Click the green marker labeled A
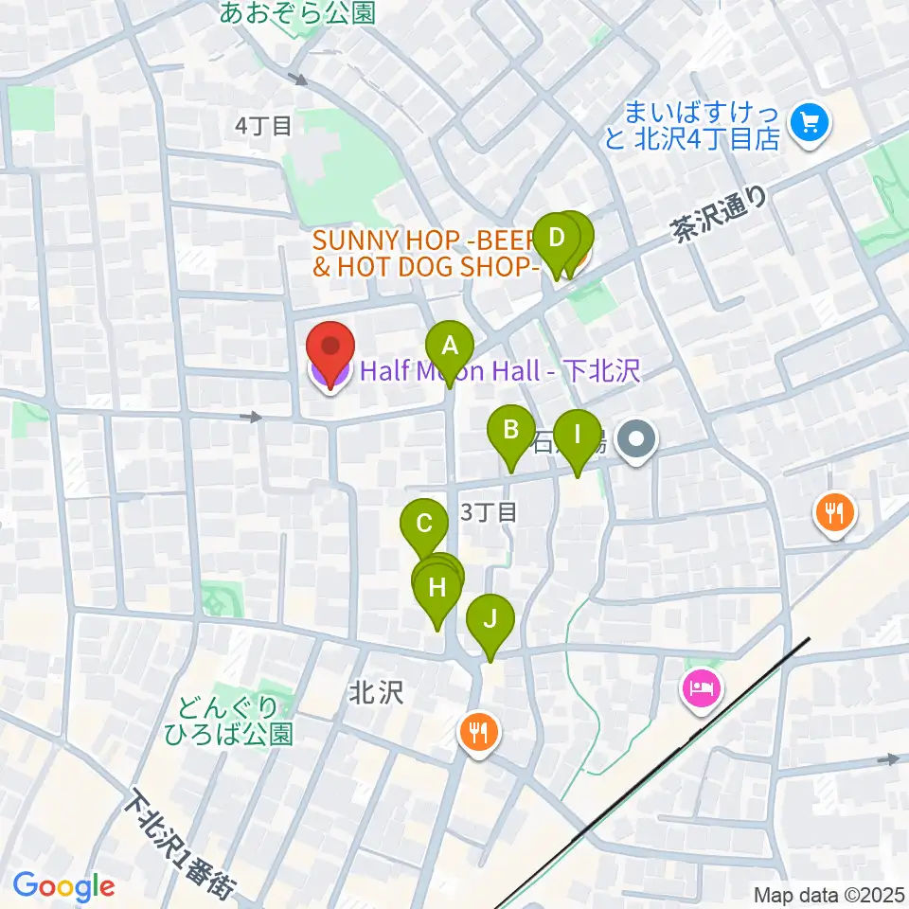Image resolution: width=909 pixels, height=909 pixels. (450, 347)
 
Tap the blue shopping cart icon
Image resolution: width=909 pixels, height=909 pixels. (809, 122)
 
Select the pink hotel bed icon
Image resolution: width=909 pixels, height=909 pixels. (700, 684)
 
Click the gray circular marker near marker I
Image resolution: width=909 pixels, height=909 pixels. (637, 440)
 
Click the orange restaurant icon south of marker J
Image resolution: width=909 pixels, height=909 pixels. (479, 731)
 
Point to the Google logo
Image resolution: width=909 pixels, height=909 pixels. (64, 886)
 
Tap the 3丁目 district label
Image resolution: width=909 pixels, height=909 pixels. (489, 512)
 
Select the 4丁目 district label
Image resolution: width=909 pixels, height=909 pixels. (264, 125)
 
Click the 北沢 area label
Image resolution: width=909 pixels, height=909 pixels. (376, 693)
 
